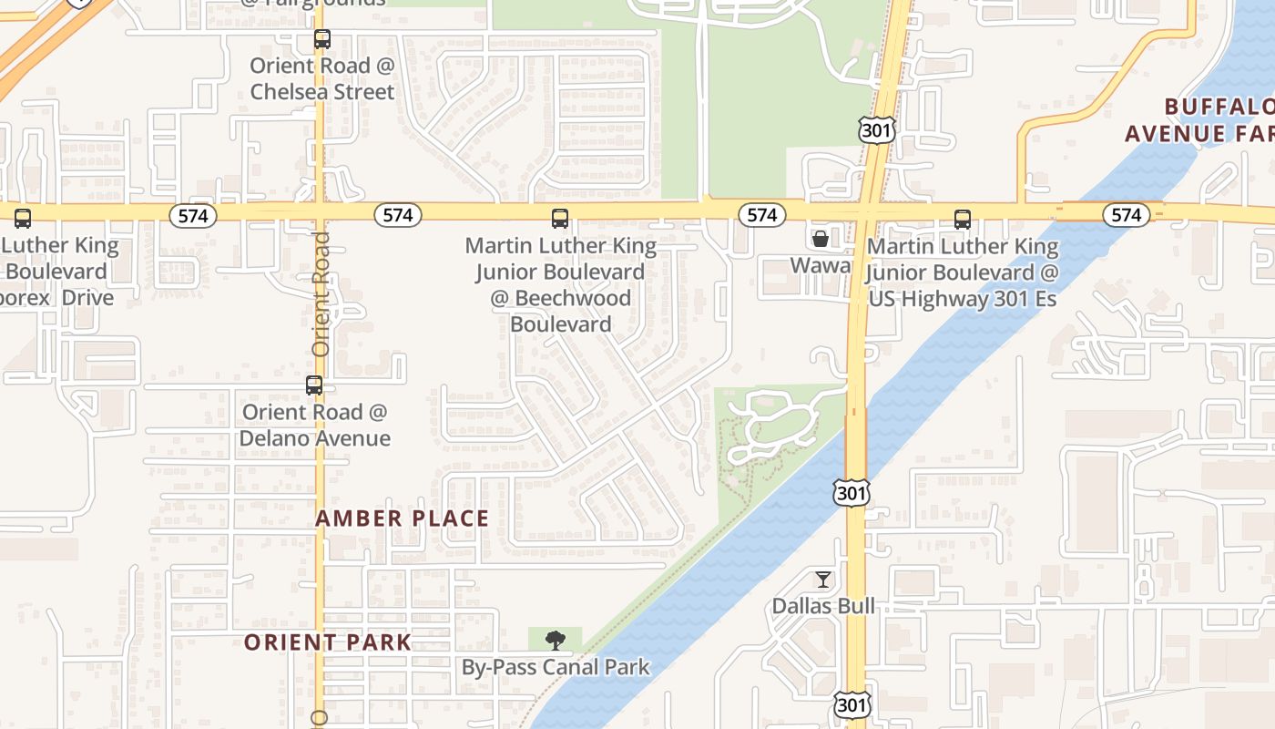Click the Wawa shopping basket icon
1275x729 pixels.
pos(821,239)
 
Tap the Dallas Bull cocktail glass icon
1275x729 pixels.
pos(823,579)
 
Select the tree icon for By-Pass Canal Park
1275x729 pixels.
pos(555,641)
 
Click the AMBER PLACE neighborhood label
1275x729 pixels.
pos(402,519)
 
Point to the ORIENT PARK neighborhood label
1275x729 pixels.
pos(328,642)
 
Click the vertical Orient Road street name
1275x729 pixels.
pos(321,293)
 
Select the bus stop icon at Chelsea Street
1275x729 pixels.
pos(321,39)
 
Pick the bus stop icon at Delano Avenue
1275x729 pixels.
pos(314,385)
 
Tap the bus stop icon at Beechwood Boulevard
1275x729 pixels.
pos(560,219)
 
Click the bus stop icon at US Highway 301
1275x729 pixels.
pos(963,220)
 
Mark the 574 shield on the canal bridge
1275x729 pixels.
pos(1127,215)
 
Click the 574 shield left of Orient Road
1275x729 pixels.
pos(192,216)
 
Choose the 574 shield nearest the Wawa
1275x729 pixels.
pos(761,215)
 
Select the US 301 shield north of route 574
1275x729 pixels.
pos(876,130)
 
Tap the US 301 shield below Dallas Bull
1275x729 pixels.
pos(852,703)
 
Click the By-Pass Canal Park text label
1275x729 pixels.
pos(556,667)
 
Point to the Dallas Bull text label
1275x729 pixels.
pos(823,606)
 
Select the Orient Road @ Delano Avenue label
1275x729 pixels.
pos(314,425)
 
